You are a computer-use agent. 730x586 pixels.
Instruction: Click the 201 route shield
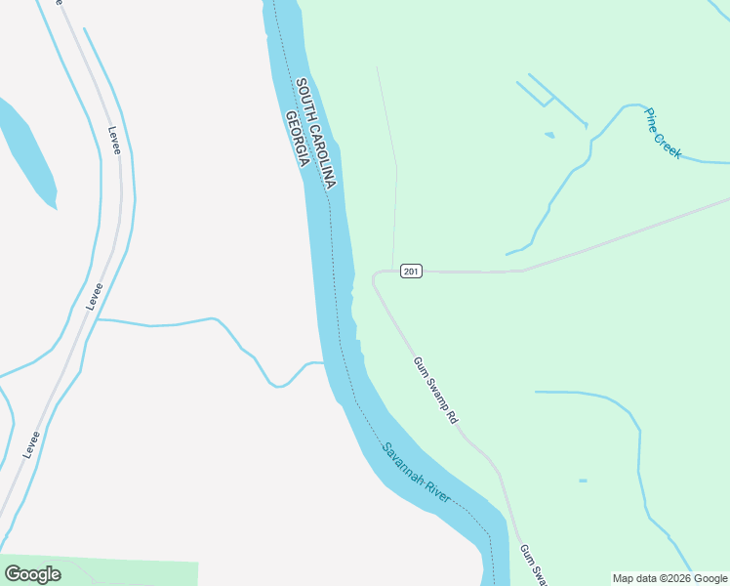411,271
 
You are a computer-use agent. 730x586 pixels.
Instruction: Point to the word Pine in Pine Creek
651,120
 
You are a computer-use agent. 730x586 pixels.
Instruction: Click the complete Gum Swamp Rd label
435,389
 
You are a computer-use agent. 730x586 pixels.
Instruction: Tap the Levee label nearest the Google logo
32,444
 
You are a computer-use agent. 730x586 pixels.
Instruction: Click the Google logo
32,574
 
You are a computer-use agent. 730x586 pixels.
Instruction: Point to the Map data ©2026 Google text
670,578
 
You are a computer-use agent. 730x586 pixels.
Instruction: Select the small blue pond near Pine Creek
549,135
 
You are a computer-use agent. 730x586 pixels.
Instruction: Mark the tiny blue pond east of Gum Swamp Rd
583,481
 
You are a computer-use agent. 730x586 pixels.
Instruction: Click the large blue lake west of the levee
24,151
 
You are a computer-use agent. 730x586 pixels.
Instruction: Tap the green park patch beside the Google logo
137,573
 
